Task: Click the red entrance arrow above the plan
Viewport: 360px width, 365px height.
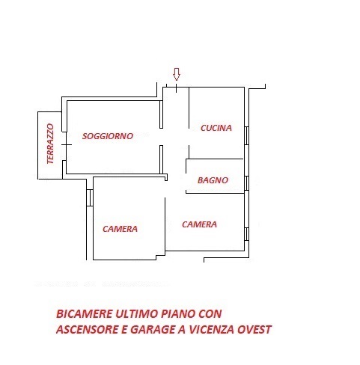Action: pos(177,74)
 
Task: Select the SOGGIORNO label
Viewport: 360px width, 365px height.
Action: pos(108,136)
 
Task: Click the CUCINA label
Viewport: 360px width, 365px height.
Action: pos(216,128)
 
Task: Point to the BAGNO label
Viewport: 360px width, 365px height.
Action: pos(213,180)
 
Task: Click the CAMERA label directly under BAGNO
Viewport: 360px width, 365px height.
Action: pos(199,224)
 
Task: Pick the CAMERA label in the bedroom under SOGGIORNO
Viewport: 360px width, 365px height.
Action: pos(120,229)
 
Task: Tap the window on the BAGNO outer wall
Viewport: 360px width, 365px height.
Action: pos(246,181)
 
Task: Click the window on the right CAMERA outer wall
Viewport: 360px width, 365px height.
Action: pos(246,233)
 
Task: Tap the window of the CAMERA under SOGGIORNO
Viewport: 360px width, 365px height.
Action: pos(90,198)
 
